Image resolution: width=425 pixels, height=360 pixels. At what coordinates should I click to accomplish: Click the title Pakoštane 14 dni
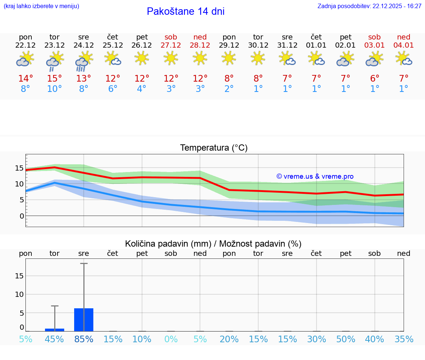[186, 11]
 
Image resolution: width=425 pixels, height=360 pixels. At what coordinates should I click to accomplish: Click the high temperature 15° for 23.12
[55, 78]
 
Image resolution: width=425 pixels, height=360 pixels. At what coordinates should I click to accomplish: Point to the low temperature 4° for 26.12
[142, 89]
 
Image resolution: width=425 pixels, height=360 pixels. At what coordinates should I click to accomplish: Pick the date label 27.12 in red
[171, 45]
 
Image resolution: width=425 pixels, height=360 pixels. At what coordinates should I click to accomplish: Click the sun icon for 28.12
[200, 58]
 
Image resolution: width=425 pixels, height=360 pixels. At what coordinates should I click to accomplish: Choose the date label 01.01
[316, 45]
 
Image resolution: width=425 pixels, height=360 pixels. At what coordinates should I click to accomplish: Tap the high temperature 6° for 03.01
[374, 78]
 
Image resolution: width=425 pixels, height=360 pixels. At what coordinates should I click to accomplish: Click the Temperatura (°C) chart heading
[214, 148]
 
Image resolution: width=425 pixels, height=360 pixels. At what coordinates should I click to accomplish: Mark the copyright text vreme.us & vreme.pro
[315, 176]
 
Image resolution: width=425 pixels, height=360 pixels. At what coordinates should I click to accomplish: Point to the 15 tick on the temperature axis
[19, 168]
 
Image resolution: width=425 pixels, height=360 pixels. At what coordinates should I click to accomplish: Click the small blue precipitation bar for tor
[55, 330]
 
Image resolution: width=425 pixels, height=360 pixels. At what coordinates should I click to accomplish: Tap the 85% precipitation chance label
[84, 339]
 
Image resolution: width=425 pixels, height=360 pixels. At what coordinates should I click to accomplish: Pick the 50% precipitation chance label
[345, 339]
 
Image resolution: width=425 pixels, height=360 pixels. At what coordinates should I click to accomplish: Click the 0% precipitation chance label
[171, 339]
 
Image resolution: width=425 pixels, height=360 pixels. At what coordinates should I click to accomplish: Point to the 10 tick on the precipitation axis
[19, 294]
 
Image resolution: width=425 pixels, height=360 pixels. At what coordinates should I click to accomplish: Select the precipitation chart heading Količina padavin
[213, 244]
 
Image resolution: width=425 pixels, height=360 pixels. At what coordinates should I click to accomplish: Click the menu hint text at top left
[41, 6]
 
